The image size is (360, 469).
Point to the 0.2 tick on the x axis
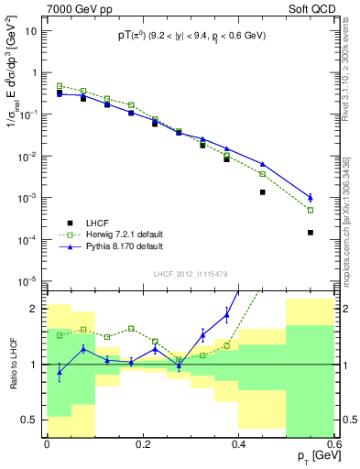pos(143,442)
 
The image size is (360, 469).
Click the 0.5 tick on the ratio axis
pos(32,420)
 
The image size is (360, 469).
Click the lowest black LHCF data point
pos(311,233)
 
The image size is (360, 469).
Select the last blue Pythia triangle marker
pos(311,197)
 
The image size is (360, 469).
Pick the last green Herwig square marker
pos(311,210)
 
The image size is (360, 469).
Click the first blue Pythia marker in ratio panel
pos(60,372)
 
